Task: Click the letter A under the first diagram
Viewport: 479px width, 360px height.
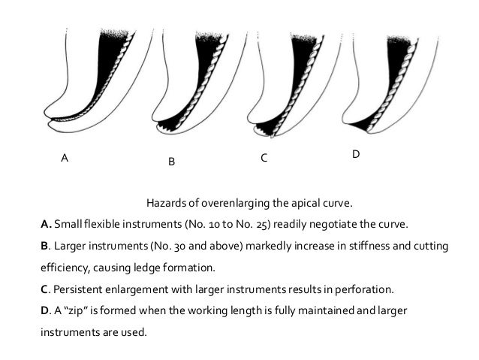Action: coord(65,159)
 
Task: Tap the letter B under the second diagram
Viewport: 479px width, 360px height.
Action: coord(171,162)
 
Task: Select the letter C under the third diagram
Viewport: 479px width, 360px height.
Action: coord(264,159)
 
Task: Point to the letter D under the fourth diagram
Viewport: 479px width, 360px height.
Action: coord(355,154)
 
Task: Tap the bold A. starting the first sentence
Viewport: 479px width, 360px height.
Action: coord(46,223)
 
